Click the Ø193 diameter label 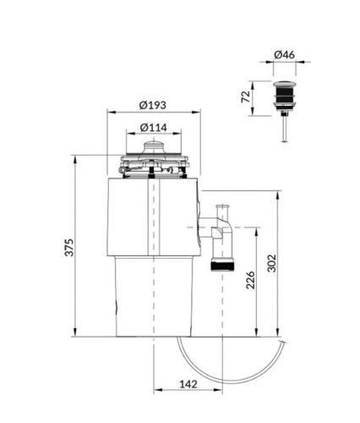point(152,106)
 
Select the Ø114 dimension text point(151,127)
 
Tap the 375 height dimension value point(68,247)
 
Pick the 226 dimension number point(251,281)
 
